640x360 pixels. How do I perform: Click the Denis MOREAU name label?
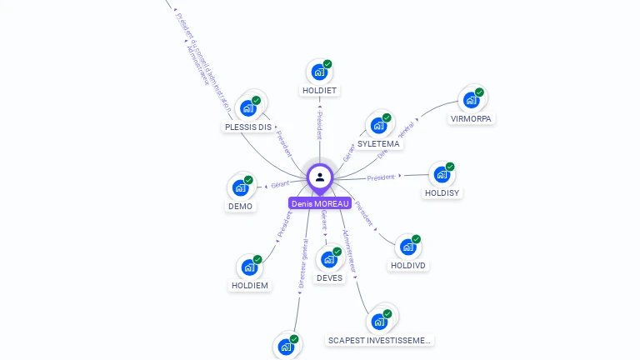pos(320,203)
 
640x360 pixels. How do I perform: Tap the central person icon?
pos(320,177)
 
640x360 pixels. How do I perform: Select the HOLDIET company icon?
pos(319,72)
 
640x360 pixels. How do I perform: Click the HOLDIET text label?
pos(320,90)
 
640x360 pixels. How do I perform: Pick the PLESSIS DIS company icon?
pos(247,107)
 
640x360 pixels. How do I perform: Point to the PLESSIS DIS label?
pos(248,127)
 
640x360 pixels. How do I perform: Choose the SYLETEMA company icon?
pos(378,125)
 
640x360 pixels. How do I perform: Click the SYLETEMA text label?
pos(378,144)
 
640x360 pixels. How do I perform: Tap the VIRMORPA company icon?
pos(472,100)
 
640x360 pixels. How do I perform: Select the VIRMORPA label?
pos(472,119)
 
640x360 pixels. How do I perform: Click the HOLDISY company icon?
pos(442,174)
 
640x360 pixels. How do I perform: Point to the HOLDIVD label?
pos(407,266)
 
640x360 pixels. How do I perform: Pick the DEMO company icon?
pos(240,187)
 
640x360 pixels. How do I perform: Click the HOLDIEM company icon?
pos(249,267)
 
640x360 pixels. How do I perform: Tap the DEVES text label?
pos(329,278)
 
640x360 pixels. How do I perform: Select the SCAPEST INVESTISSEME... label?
pos(380,341)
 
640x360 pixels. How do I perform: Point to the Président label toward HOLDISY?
pos(381,177)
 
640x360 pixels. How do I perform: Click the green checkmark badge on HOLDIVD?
pos(416,239)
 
